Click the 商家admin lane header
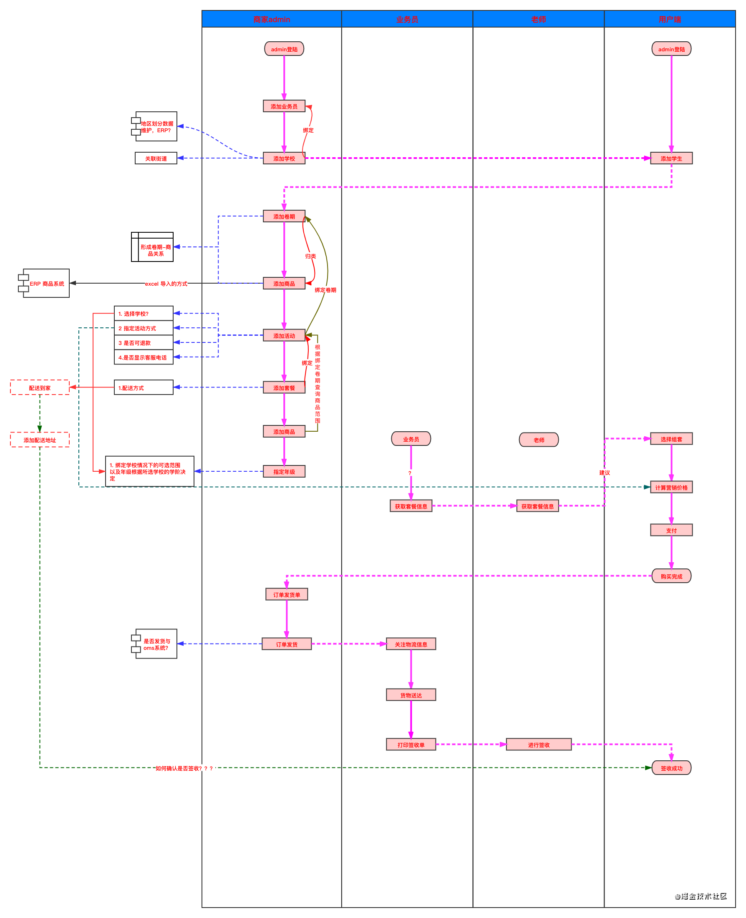(272, 19)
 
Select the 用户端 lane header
(670, 19)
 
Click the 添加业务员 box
(284, 106)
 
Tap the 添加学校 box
(284, 158)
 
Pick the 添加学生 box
(671, 158)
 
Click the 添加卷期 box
(284, 216)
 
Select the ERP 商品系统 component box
(46, 284)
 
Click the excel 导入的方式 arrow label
(166, 284)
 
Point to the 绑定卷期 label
(325, 290)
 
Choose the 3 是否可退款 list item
(144, 343)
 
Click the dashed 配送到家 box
(40, 388)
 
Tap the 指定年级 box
(284, 472)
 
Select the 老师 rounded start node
(539, 440)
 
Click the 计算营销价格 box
(671, 488)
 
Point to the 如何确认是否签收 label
(184, 768)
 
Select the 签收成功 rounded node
(671, 768)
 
